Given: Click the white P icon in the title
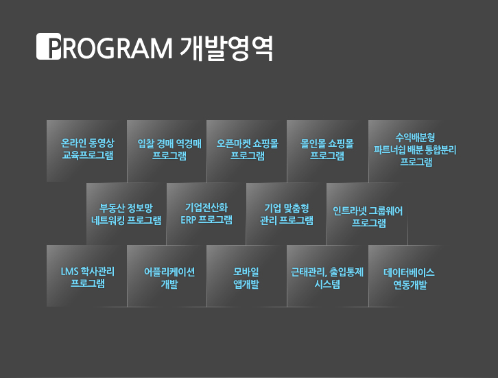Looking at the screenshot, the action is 49,47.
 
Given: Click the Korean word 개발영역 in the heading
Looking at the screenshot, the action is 226,47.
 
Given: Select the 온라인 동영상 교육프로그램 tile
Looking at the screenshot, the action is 86,151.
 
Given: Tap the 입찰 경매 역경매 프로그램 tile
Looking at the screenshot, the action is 167,151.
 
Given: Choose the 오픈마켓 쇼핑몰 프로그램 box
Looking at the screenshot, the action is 246,151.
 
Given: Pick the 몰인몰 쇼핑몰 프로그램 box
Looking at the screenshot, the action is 327,151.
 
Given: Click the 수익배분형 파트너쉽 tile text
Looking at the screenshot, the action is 415,150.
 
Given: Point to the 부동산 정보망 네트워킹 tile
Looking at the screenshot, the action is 126,214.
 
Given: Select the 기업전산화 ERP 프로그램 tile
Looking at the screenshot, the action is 206,214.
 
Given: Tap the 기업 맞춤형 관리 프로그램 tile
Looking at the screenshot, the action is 286,214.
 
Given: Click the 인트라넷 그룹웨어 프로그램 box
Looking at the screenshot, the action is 367,214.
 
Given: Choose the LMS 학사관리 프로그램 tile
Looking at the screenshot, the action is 86,276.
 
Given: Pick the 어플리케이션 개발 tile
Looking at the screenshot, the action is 167,276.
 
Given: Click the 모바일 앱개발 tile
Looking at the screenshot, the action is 246,276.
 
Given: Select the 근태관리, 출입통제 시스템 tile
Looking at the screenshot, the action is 327,276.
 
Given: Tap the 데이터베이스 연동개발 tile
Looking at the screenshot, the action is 409,276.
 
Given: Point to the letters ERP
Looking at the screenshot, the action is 188,220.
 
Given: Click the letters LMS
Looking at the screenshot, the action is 69,272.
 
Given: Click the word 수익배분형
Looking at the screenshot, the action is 415,137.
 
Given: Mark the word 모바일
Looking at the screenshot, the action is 246,272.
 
